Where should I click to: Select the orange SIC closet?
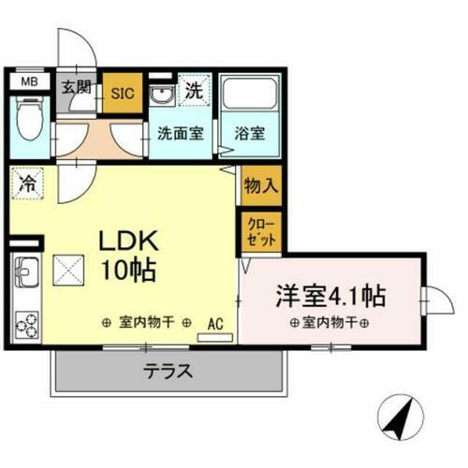coord(123,93)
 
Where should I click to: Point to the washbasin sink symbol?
coord(161,95)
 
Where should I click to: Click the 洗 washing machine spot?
coord(194,91)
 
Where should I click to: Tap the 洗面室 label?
coord(180,134)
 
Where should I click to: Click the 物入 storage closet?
coord(260,184)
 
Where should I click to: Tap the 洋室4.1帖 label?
coord(329,296)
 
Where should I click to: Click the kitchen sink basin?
coord(26,274)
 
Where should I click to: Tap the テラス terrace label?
coord(168,371)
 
